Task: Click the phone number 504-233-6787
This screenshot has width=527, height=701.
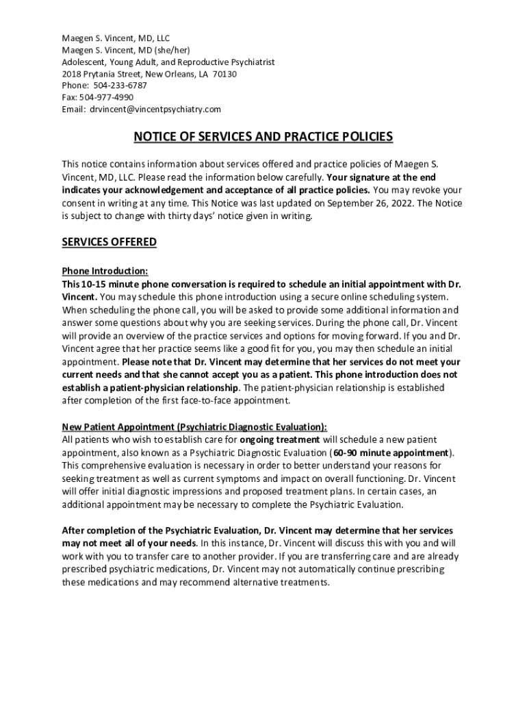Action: click(120, 86)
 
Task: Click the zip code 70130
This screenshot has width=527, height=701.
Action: click(224, 74)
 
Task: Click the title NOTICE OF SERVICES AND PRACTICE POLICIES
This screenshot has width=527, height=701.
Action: click(263, 137)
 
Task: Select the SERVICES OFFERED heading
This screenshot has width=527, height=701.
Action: click(110, 242)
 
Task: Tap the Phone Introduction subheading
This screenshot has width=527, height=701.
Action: click(105, 271)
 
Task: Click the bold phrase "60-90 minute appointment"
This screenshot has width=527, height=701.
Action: click(391, 453)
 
